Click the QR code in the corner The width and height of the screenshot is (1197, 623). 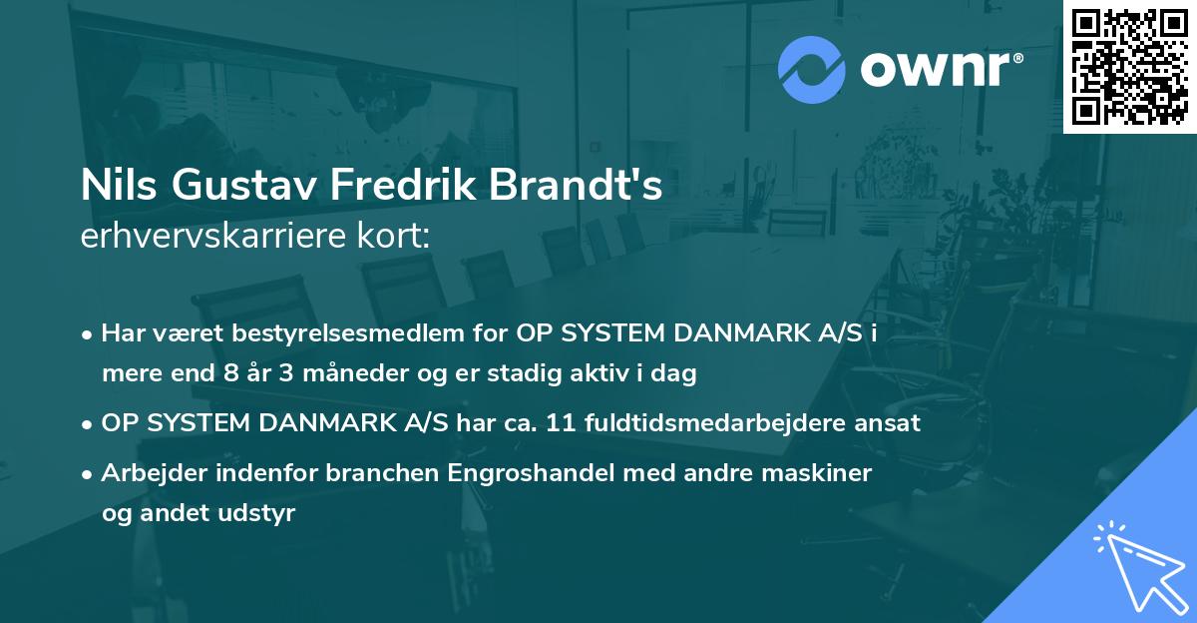click(x=1129, y=67)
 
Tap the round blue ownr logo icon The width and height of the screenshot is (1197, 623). click(x=812, y=68)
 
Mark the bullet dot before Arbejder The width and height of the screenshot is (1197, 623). click(x=89, y=474)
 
